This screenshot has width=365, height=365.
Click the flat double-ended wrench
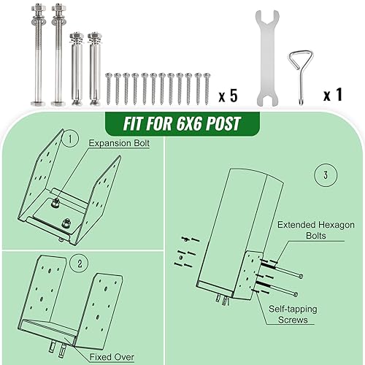[x=268, y=58]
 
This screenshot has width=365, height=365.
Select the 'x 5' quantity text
[x=228, y=96]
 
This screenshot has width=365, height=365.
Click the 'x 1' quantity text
[x=333, y=96]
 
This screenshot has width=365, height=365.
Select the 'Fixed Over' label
[x=112, y=357]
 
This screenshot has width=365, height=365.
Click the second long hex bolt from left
[x=57, y=55]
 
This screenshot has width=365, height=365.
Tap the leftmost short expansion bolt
[x=75, y=69]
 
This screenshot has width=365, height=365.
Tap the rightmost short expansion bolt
[x=93, y=69]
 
